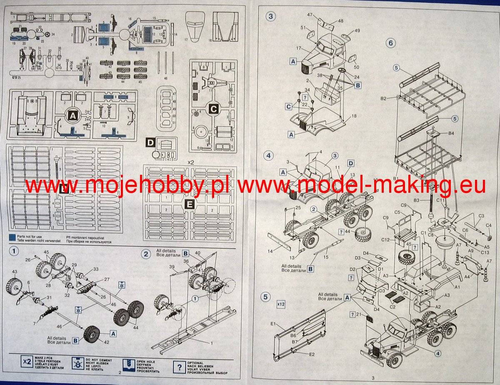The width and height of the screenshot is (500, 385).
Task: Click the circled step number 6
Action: (x=390, y=43)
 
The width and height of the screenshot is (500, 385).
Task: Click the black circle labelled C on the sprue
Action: (x=213, y=109)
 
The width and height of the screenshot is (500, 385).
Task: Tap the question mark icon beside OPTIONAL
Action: (x=179, y=367)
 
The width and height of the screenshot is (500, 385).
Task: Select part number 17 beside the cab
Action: (x=298, y=49)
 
